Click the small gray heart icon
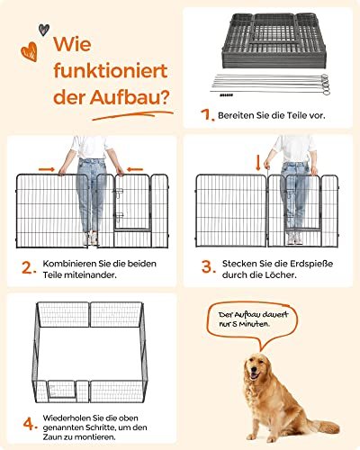[x=44, y=30]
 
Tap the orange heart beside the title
[x=29, y=51]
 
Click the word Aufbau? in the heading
[x=130, y=96]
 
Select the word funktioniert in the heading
[x=111, y=70]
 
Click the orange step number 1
[x=207, y=115]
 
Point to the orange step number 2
[x=29, y=267]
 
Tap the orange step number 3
[x=209, y=266]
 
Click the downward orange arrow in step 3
[x=258, y=162]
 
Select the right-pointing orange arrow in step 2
[x=47, y=169]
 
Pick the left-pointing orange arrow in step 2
[x=135, y=169]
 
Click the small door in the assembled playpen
[x=62, y=390]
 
